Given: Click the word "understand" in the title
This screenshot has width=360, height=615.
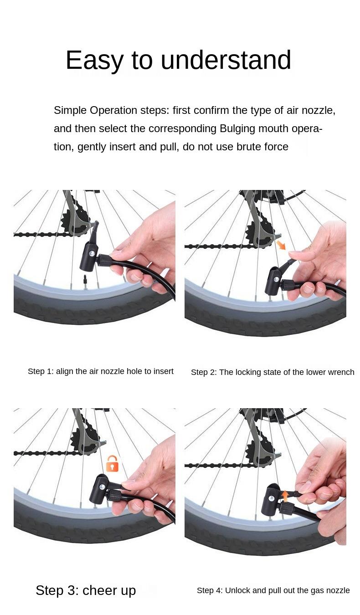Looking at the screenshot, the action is coord(226,60).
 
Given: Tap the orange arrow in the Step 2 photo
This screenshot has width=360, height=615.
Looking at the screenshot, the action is coord(281,245).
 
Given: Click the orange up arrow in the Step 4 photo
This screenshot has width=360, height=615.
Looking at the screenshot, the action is coord(285,496).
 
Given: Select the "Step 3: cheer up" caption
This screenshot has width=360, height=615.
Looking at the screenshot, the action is coord(86,590).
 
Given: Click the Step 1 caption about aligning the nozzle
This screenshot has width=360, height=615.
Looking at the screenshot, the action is coord(101,371).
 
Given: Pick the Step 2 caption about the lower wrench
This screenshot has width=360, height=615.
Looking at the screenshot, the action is coord(273,372).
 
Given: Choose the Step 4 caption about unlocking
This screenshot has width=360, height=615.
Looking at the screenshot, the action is coord(273,590).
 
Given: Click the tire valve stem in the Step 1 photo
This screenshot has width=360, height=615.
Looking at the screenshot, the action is coord(85,282).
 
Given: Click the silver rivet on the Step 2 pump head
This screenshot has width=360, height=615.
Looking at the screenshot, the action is coord(276,280).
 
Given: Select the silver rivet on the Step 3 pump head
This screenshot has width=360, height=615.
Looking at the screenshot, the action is coord(102,487).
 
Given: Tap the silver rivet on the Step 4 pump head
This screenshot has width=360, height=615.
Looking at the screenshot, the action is coord(272,498).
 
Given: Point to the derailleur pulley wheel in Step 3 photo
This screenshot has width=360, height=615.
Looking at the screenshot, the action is coord(82,438).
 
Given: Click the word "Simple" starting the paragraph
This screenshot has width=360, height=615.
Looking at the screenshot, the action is coord(70,110).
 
